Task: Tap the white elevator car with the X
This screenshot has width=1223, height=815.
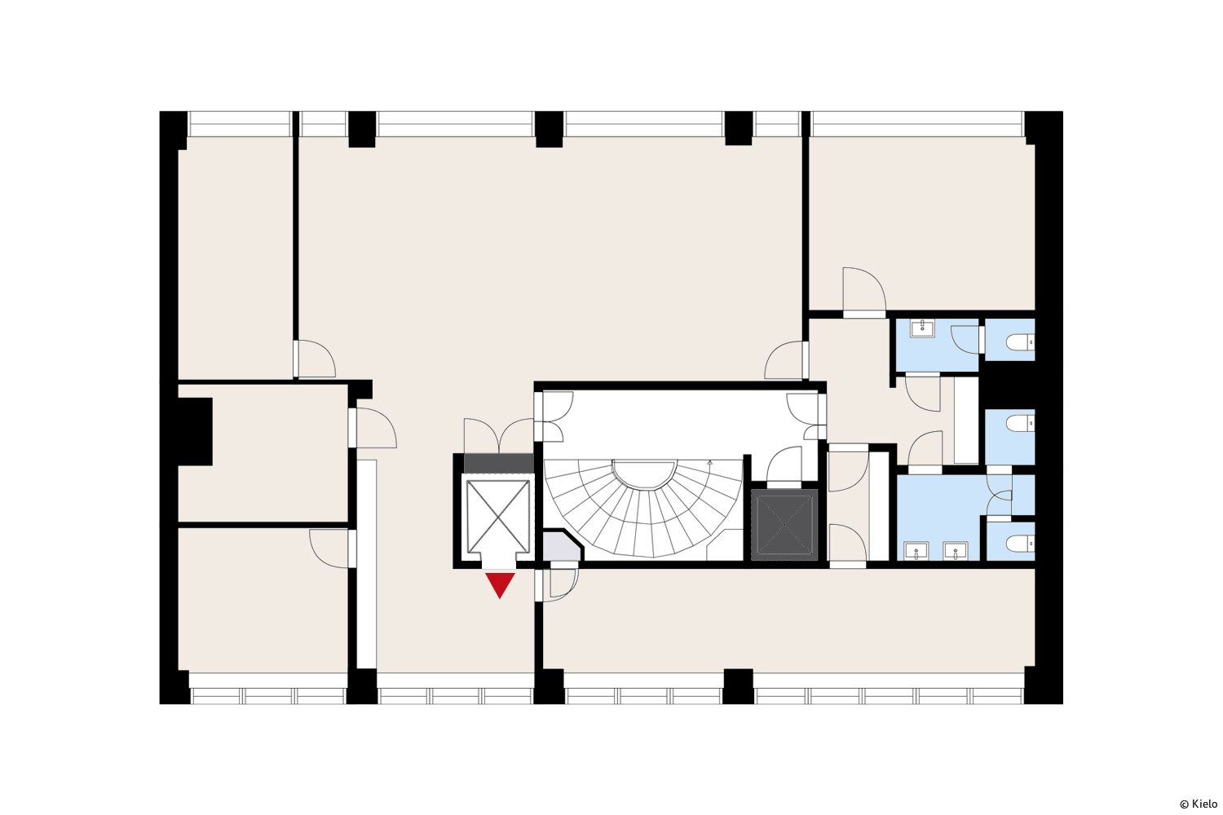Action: click(498, 517)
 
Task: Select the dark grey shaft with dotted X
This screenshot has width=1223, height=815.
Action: click(784, 525)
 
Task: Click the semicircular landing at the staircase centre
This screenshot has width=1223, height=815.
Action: click(644, 474)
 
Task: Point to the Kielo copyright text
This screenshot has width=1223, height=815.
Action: click(1199, 804)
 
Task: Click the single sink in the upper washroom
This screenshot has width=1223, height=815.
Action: click(922, 328)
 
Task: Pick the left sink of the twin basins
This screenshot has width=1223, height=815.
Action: click(916, 551)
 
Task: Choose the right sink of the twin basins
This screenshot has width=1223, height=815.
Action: click(955, 551)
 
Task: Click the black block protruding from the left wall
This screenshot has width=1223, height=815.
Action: click(195, 431)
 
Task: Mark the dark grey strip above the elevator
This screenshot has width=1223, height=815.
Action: click(498, 463)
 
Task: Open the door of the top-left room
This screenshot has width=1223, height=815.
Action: click(315, 359)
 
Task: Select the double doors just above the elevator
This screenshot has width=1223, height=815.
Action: click(498, 435)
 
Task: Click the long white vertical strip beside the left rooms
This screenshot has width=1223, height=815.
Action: click(366, 563)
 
